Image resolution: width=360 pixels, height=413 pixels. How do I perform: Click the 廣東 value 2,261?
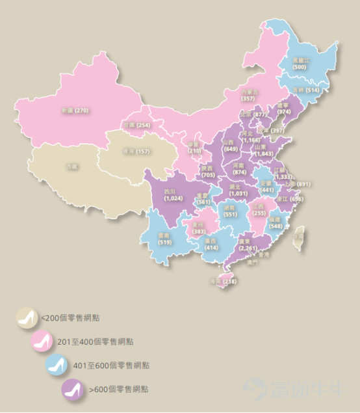tap(247, 247)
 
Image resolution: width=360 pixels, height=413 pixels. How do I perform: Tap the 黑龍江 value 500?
tap(300, 67)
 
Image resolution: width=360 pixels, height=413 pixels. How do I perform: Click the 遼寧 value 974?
tap(283, 112)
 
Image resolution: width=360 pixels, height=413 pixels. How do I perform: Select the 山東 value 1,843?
tap(264, 154)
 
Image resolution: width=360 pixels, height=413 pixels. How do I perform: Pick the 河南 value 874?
tap(239, 172)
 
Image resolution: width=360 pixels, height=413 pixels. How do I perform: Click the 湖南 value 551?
tap(230, 214)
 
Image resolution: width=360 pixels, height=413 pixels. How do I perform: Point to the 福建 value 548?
tap(276, 226)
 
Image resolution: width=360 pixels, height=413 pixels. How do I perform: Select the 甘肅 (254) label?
tap(135, 125)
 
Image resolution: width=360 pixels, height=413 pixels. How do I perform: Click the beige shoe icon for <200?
tap(28, 317)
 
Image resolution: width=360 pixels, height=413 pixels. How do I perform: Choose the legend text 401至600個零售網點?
tap(121, 365)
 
